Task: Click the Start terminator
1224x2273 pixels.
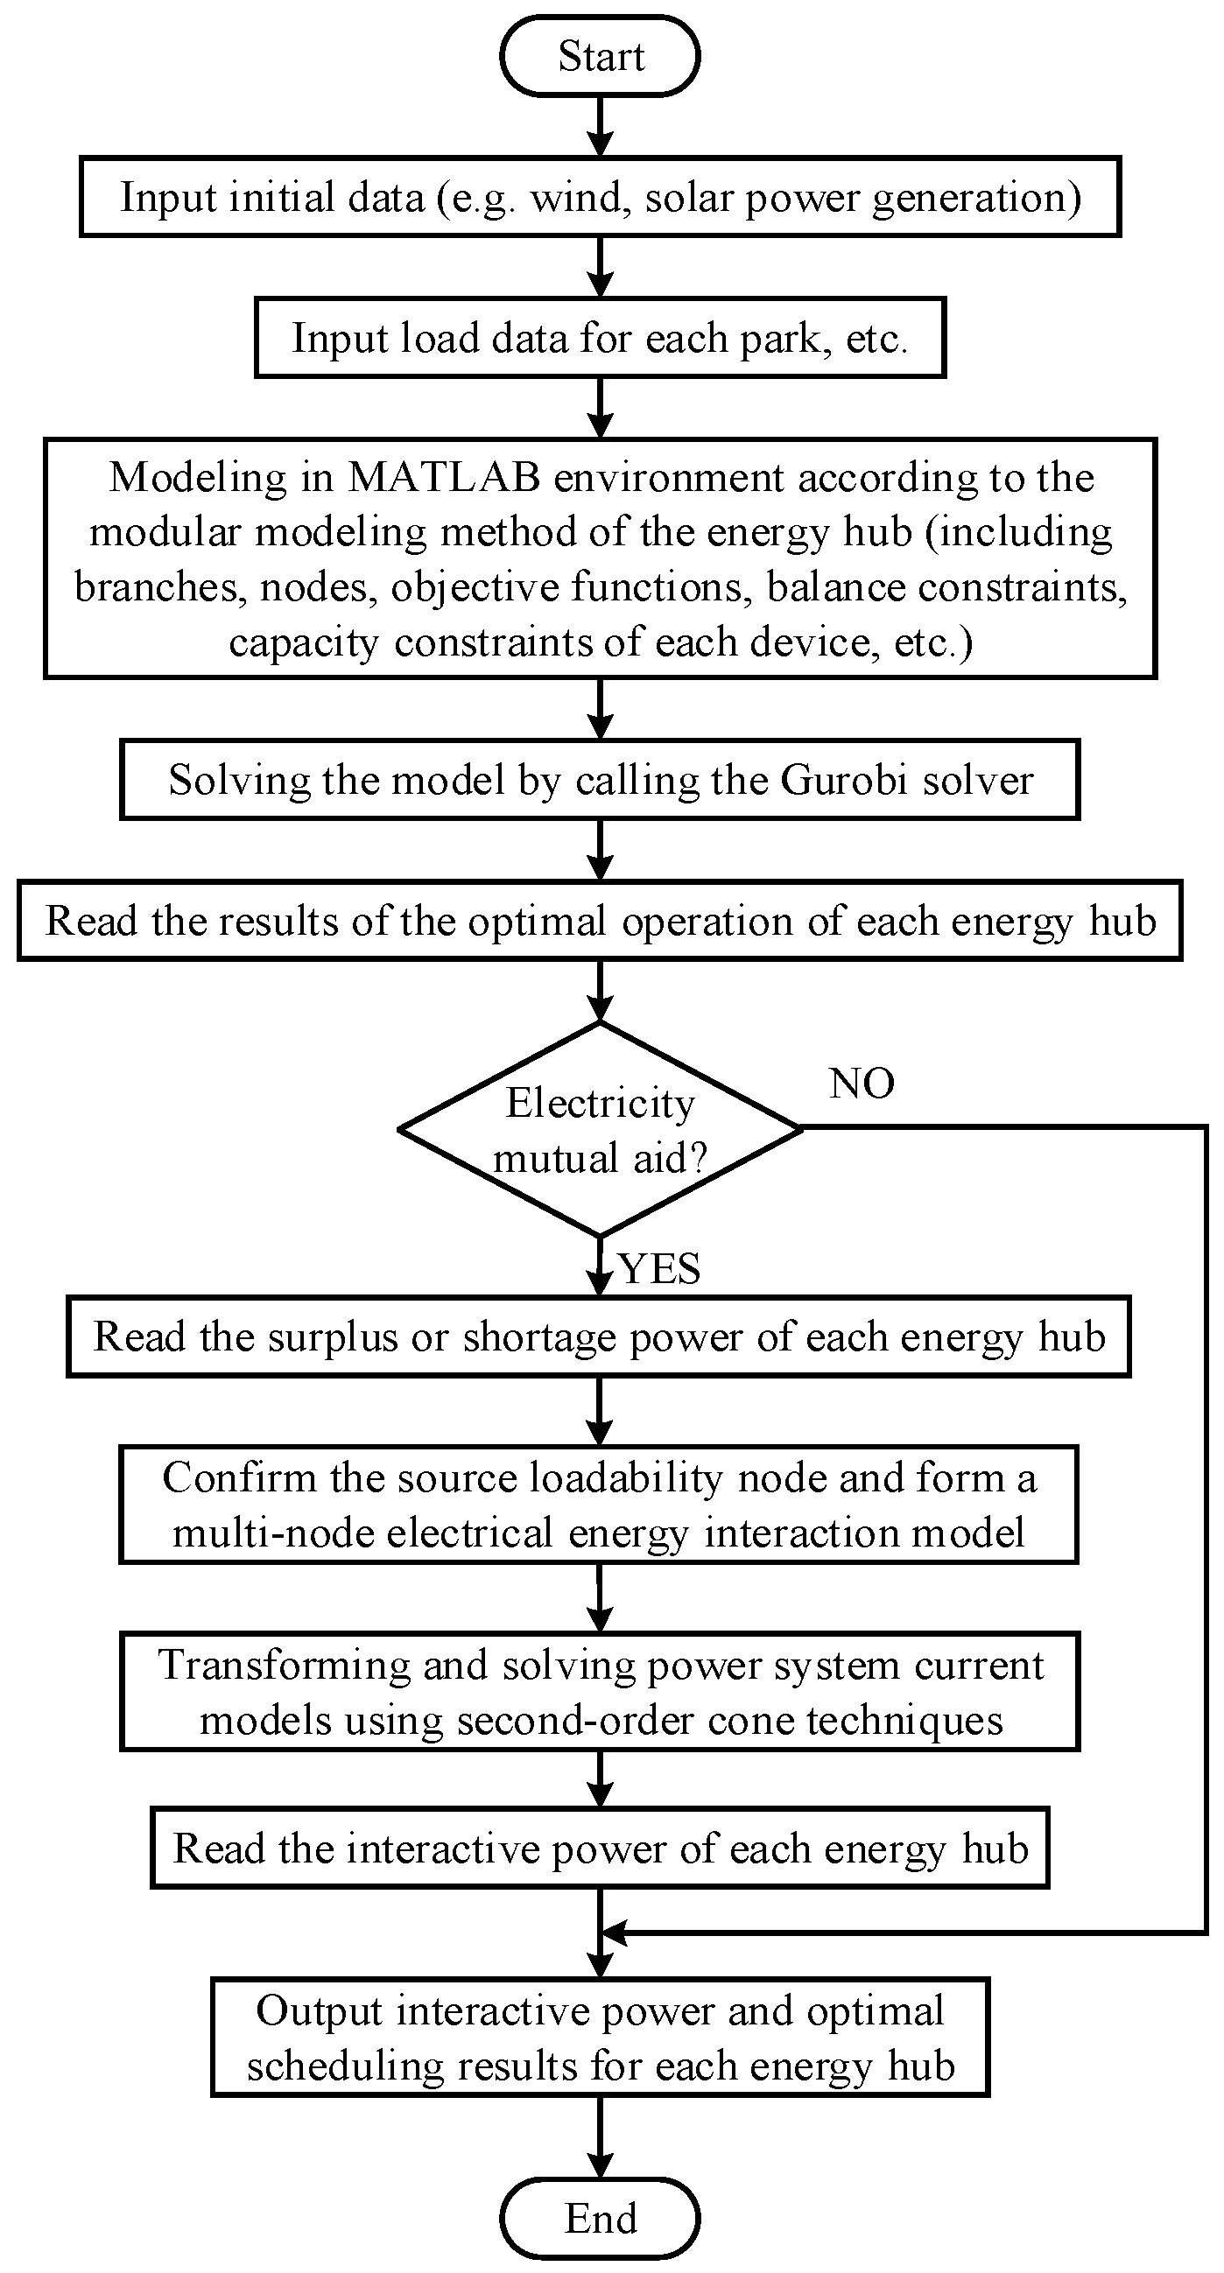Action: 600,56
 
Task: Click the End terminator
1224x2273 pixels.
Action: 600,2217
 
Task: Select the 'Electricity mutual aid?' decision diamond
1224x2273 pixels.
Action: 600,1128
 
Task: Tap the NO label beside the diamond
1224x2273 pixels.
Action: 862,1083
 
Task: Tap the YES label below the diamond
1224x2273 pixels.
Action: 659,1269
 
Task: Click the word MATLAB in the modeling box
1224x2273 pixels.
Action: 444,477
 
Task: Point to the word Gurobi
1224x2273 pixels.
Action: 845,780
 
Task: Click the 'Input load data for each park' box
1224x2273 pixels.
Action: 600,338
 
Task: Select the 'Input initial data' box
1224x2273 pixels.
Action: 600,197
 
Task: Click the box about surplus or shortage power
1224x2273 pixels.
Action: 600,1336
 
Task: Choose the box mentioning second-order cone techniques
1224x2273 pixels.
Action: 600,1692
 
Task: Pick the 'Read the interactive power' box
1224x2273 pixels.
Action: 600,1849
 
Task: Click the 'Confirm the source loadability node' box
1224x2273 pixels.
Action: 600,1505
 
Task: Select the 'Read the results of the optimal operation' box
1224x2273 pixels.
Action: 600,921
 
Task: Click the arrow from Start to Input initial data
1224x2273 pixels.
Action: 600,126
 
